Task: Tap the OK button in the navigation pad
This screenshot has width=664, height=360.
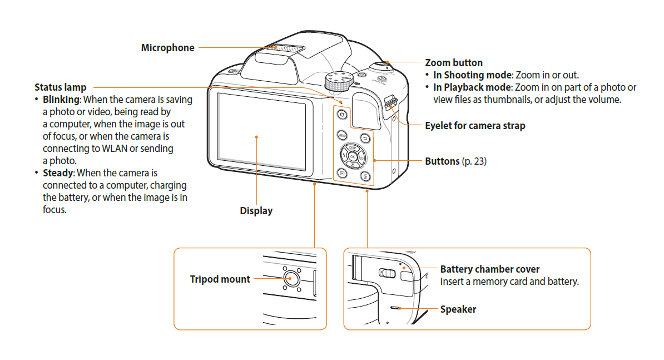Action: (x=352, y=157)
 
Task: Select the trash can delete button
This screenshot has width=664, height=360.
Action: (x=365, y=176)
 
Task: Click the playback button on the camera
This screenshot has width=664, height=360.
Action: (x=341, y=174)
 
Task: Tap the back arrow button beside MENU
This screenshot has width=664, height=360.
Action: (x=365, y=138)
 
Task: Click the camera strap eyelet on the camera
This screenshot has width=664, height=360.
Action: (x=390, y=102)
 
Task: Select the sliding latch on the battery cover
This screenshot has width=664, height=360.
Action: (x=388, y=273)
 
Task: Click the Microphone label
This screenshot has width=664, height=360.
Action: (x=167, y=48)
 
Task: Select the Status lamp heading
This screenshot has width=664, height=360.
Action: (x=61, y=87)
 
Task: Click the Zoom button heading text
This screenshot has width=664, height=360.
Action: (x=454, y=63)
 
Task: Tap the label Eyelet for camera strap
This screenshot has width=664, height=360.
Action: (x=475, y=126)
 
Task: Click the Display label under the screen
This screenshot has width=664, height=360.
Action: (x=256, y=211)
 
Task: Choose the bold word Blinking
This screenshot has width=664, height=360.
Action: (x=62, y=100)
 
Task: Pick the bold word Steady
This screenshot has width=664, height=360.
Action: (x=58, y=173)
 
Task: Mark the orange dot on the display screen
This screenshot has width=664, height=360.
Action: (x=256, y=136)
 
